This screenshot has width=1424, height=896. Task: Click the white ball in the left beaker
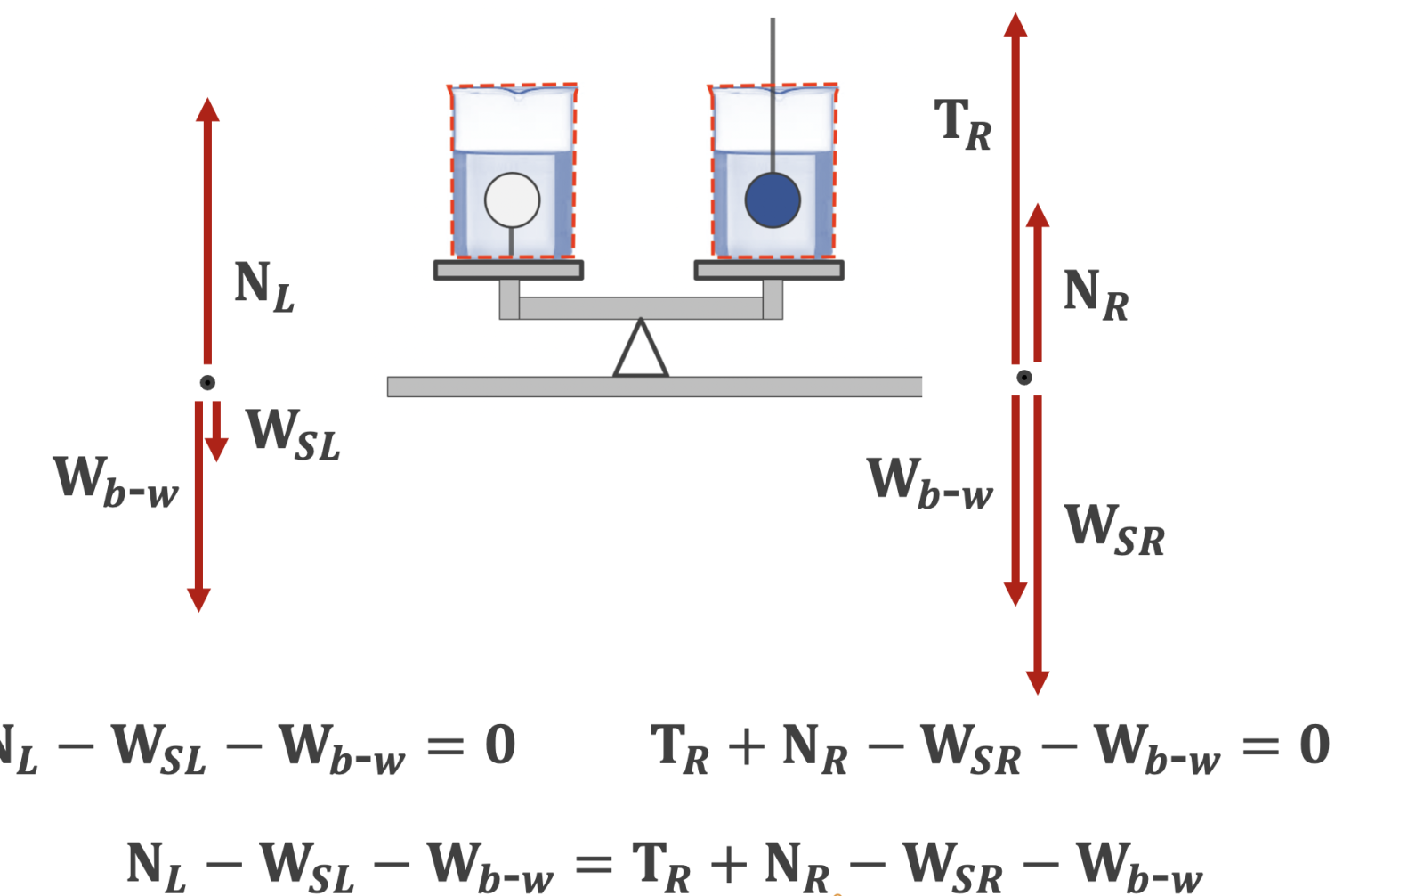(x=512, y=200)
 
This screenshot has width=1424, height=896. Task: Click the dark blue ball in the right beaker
(x=773, y=200)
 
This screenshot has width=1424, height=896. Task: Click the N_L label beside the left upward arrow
(x=263, y=287)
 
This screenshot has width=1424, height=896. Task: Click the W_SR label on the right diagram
(x=1114, y=530)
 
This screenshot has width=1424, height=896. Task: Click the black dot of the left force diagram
(x=207, y=382)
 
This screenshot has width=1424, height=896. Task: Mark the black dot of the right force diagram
(x=1024, y=378)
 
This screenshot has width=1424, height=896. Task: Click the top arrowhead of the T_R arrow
(x=1015, y=25)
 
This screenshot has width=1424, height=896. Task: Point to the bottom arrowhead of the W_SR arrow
(x=1038, y=682)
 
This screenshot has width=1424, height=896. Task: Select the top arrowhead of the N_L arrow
(x=207, y=110)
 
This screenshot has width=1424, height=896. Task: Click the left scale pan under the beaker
(x=508, y=270)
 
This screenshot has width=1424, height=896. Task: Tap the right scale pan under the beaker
(x=769, y=270)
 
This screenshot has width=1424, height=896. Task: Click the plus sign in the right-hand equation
(x=746, y=746)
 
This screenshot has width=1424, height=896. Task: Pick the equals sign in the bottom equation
(x=594, y=864)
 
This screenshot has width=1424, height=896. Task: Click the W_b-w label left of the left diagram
(x=116, y=482)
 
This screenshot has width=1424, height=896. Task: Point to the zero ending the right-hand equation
(x=1315, y=745)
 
